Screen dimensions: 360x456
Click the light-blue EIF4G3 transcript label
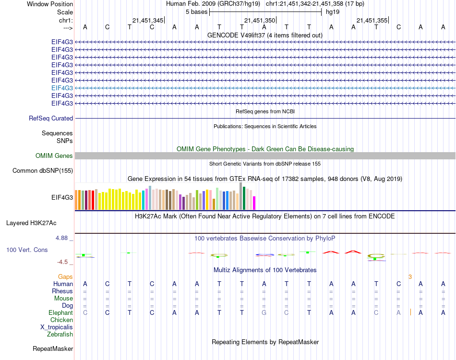pyautogui.click(x=62, y=88)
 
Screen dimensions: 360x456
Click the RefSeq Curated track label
pyautogui.click(x=51, y=118)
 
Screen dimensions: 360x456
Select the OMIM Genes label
pyautogui.click(x=54, y=156)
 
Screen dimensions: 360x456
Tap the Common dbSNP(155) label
pyautogui.click(x=43, y=170)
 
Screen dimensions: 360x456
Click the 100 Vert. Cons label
pyautogui.click(x=27, y=250)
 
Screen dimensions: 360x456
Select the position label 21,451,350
pyautogui.click(x=260, y=20)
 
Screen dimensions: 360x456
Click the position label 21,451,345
pyautogui.click(x=148, y=20)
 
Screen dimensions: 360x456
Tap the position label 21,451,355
pyautogui.click(x=372, y=20)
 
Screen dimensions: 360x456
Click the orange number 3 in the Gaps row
pyautogui.click(x=410, y=276)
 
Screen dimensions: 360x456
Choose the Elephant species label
pyautogui.click(x=60, y=312)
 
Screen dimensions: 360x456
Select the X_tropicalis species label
pyautogui.click(x=57, y=327)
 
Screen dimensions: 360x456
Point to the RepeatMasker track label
pyautogui.click(x=53, y=348)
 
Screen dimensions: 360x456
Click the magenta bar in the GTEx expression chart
pyautogui.click(x=254, y=203)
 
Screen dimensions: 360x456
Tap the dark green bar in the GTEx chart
pyautogui.click(x=244, y=198)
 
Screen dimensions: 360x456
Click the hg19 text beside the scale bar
pyautogui.click(x=333, y=12)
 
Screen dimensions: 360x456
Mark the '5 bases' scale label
pyautogui.click(x=196, y=12)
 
